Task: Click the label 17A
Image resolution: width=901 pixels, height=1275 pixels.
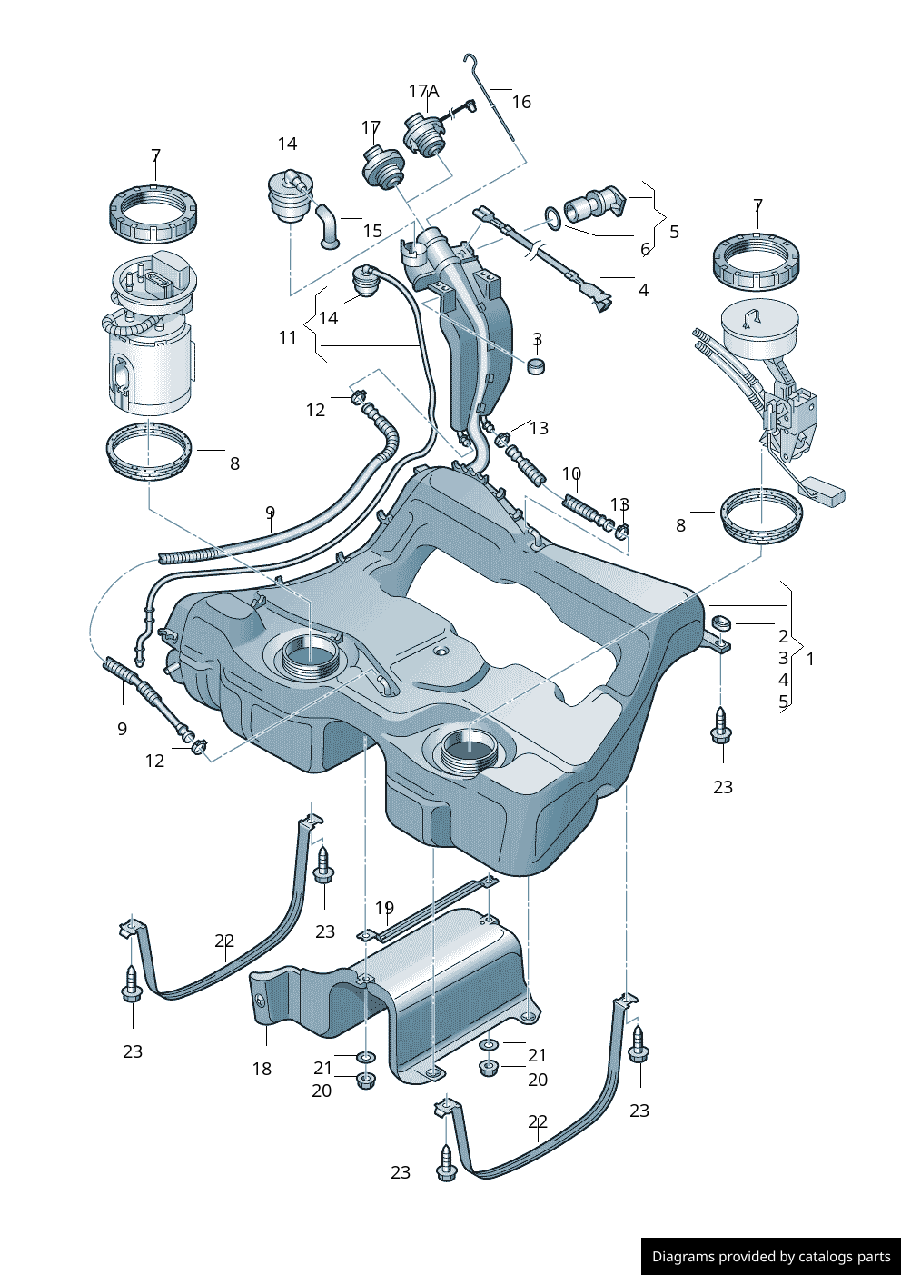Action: pyautogui.click(x=423, y=92)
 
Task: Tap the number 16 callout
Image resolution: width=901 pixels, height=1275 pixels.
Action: pyautogui.click(x=521, y=102)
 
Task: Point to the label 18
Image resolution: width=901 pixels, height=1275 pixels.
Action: pyautogui.click(x=262, y=1069)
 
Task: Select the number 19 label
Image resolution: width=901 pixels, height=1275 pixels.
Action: pyautogui.click(x=384, y=908)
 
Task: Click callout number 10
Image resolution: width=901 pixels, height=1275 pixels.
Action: pyautogui.click(x=571, y=473)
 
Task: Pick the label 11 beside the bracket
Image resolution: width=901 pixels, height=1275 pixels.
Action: pyautogui.click(x=288, y=337)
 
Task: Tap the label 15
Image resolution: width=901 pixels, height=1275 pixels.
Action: pyautogui.click(x=372, y=231)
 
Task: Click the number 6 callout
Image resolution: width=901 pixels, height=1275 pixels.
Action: pyautogui.click(x=646, y=248)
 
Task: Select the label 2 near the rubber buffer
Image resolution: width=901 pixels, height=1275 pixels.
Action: pyautogui.click(x=783, y=636)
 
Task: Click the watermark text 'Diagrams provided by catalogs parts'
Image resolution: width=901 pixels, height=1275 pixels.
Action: pyautogui.click(x=771, y=1257)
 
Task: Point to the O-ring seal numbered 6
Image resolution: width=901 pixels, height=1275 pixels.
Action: pyautogui.click(x=552, y=216)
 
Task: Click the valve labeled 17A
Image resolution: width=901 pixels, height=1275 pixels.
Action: pyautogui.click(x=424, y=134)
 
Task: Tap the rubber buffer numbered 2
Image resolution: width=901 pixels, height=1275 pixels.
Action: pyautogui.click(x=721, y=623)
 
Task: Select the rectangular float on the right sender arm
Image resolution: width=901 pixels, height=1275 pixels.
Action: pyautogui.click(x=823, y=493)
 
